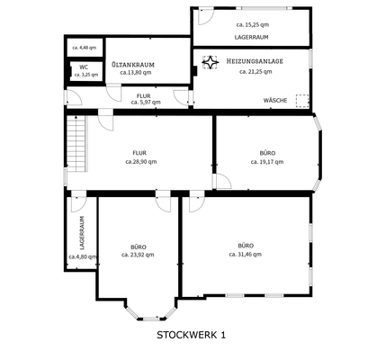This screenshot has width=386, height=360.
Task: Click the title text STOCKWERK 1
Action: point(192,335)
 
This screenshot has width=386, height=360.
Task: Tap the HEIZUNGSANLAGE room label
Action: point(256,60)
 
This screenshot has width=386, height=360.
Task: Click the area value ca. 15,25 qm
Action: point(255,24)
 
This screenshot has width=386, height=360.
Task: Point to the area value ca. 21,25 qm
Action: point(256,71)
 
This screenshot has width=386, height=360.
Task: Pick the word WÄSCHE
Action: point(275,100)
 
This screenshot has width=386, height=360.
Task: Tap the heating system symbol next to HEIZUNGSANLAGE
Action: point(211,62)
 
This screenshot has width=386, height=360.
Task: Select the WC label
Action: point(84,66)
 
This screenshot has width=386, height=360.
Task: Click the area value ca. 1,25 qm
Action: point(84,75)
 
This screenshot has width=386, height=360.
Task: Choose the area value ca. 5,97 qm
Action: point(144,102)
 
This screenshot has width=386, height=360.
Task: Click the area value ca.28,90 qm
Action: point(139,162)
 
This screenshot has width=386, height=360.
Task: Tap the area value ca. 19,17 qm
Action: point(266,162)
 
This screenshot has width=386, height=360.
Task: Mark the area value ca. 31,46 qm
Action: point(246,255)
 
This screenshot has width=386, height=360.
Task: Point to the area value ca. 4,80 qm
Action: point(82,257)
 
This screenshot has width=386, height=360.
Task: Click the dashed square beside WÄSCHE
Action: point(301,101)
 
